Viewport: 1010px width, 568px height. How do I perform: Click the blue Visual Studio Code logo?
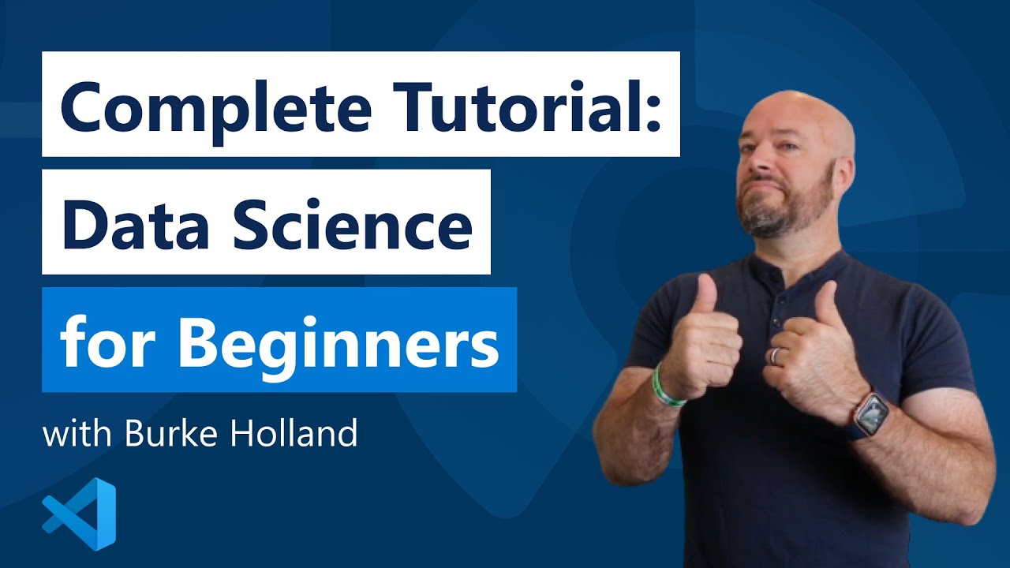click(x=80, y=514)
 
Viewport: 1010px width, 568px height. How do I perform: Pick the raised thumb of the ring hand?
click(x=826, y=304)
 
